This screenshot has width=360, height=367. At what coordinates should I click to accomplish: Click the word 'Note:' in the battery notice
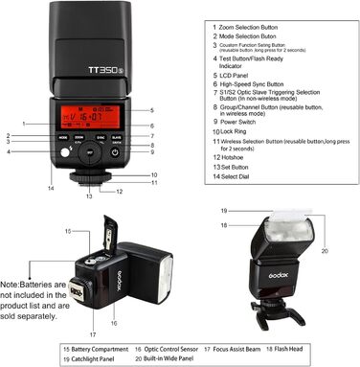12,286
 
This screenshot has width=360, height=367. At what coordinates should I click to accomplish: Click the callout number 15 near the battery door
68,232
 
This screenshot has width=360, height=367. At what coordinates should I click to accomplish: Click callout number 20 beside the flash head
326,251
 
